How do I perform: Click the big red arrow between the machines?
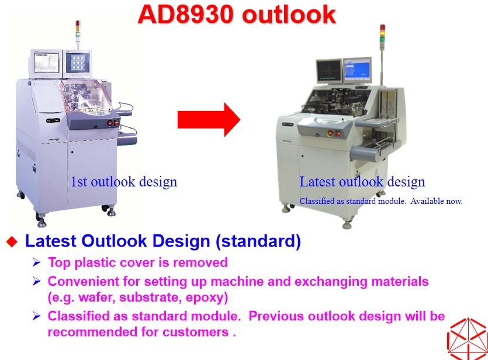pyautogui.click(x=209, y=120)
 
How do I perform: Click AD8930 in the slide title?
pyautogui.click(x=185, y=15)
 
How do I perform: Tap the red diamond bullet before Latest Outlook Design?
pyautogui.click(x=12, y=241)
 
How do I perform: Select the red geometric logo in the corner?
pyautogui.click(x=468, y=339)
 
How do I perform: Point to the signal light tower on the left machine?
pyautogui.click(x=78, y=33)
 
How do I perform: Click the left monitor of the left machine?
pyautogui.click(x=46, y=64)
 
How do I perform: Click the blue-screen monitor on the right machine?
pyautogui.click(x=358, y=70)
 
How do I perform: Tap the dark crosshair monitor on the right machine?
pyautogui.click(x=329, y=71)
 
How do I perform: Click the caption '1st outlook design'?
pyautogui.click(x=124, y=182)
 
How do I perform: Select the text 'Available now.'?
pyautogui.click(x=437, y=201)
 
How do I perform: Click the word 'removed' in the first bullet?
pyautogui.click(x=200, y=262)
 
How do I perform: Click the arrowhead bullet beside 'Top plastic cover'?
pyautogui.click(x=36, y=262)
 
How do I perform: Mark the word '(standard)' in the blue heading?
pyautogui.click(x=258, y=241)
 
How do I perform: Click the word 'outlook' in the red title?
pyautogui.click(x=289, y=15)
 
